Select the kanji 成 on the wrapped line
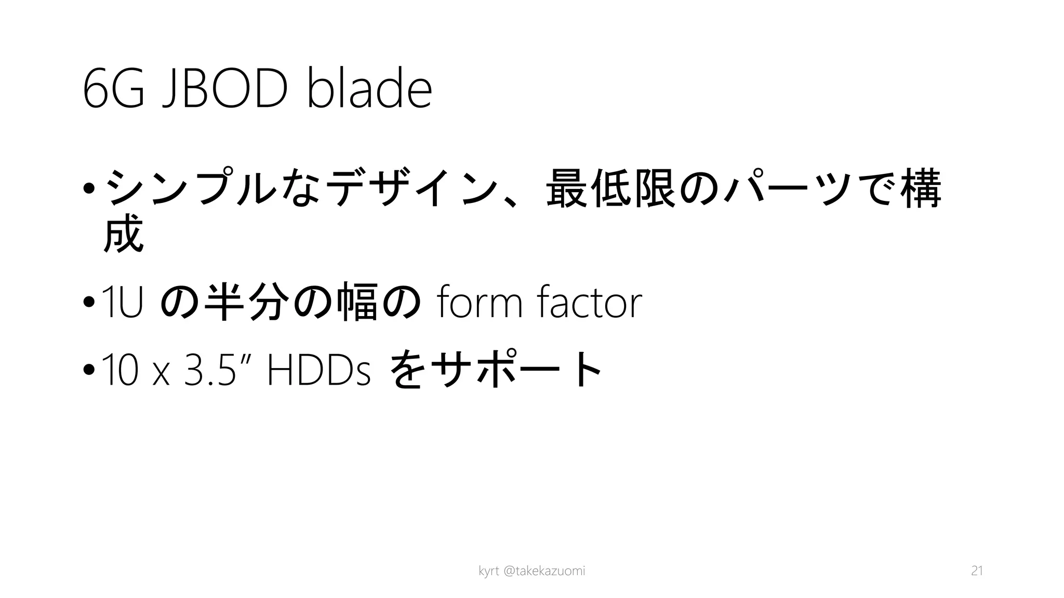coord(123,234)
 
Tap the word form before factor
coord(480,303)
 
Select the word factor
coord(590,303)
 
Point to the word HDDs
coord(318,370)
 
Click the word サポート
coord(517,370)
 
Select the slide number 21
coord(977,571)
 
